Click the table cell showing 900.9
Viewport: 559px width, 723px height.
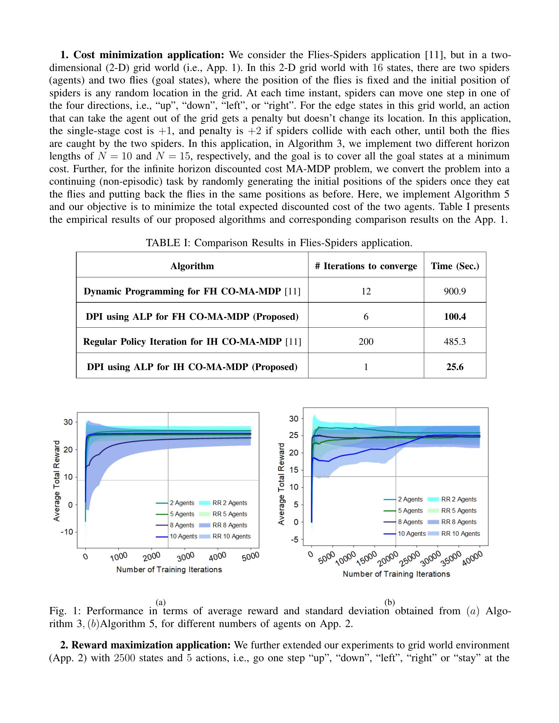point(455,291)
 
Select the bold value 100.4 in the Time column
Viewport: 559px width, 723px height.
point(455,316)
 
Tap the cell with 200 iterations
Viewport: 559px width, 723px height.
point(366,342)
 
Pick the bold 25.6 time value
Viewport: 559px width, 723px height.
point(455,367)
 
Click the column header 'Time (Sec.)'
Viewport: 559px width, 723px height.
point(455,266)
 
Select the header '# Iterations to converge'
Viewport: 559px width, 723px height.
point(366,266)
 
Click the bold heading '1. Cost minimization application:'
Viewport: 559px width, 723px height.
point(142,55)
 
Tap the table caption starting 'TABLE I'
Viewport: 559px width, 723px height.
point(279,243)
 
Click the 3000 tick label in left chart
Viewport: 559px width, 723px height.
point(185,557)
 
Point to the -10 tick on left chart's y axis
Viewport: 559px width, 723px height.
point(68,532)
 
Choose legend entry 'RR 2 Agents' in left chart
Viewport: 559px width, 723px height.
point(230,503)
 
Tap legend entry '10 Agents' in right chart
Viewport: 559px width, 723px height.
point(412,533)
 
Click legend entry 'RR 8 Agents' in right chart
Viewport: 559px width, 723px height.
point(459,522)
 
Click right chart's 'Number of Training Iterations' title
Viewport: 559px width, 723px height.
point(396,574)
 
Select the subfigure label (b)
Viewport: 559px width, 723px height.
point(389,602)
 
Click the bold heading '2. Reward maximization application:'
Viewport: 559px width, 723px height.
point(146,645)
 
